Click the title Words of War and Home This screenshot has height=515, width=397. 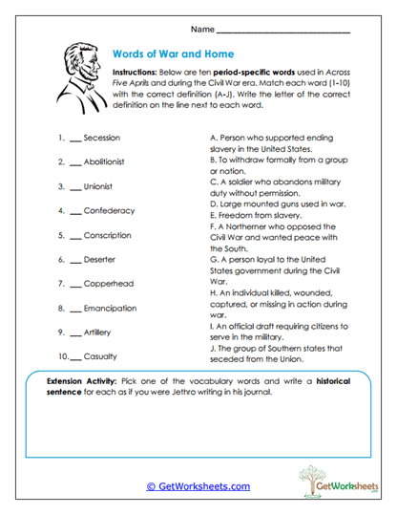(173, 54)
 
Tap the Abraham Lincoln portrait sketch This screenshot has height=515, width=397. (76, 75)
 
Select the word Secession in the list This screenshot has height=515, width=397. (101, 138)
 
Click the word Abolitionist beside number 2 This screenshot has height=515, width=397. (106, 162)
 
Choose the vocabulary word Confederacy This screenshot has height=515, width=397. (109, 210)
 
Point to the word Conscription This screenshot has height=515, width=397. (107, 235)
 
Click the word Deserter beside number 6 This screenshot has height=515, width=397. (99, 260)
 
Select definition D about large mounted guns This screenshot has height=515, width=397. (276, 204)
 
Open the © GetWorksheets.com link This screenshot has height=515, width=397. (198, 485)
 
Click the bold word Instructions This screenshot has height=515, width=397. (138, 73)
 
